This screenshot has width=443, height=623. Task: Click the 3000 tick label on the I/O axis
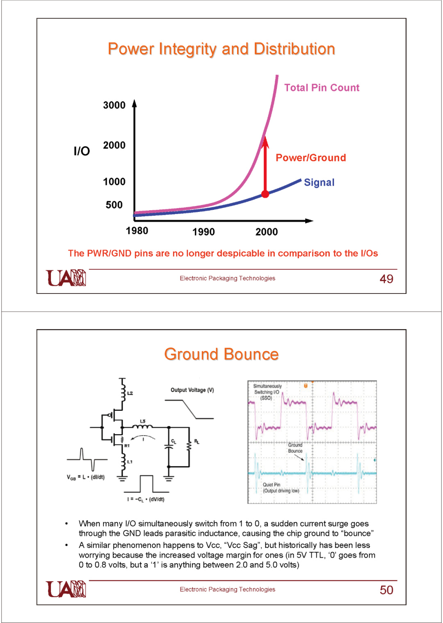[114, 105]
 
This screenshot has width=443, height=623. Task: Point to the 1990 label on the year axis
[203, 232]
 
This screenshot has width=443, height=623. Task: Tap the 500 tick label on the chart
[114, 205]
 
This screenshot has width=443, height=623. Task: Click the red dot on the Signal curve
[265, 194]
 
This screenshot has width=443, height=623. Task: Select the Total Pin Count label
[322, 88]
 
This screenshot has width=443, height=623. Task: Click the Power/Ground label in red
[311, 158]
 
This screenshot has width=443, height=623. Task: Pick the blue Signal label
[319, 182]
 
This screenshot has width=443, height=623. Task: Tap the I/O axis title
[82, 151]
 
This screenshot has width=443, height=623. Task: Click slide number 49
[386, 279]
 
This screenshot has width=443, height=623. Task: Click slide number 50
[386, 590]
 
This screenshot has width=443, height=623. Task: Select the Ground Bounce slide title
[221, 354]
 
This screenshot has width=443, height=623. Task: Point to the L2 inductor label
[130, 393]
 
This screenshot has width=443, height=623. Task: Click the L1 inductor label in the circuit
[130, 462]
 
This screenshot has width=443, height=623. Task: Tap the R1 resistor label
[127, 446]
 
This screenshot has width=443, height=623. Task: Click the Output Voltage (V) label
[192, 390]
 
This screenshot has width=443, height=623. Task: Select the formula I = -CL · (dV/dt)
[146, 500]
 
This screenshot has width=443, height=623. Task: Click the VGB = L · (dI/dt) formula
[85, 477]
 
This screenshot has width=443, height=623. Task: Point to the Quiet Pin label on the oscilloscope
[271, 484]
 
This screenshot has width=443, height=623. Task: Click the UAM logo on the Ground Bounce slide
[66, 589]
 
